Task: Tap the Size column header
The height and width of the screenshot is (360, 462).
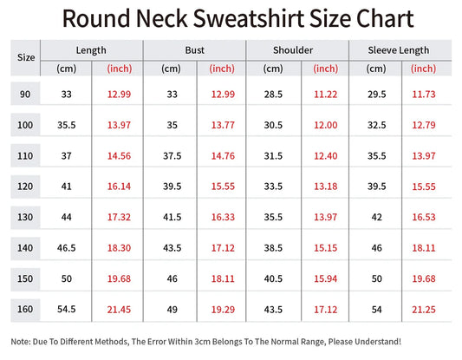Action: [26, 57]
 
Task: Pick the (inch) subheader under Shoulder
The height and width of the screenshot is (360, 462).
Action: [325, 69]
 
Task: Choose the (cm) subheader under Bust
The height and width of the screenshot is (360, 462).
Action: [170, 69]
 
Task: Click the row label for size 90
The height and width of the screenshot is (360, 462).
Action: [25, 94]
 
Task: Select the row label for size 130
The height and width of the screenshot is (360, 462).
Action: [25, 216]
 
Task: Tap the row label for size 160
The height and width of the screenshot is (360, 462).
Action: [25, 309]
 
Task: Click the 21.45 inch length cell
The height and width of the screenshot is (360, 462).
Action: [119, 309]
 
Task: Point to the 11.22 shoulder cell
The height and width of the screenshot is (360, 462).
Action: [325, 94]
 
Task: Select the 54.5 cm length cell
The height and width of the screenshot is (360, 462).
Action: [67, 309]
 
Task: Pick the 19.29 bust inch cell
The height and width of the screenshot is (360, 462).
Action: [223, 309]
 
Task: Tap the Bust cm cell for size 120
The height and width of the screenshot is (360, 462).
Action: [172, 186]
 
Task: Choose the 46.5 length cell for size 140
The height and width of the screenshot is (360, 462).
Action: [67, 247]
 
